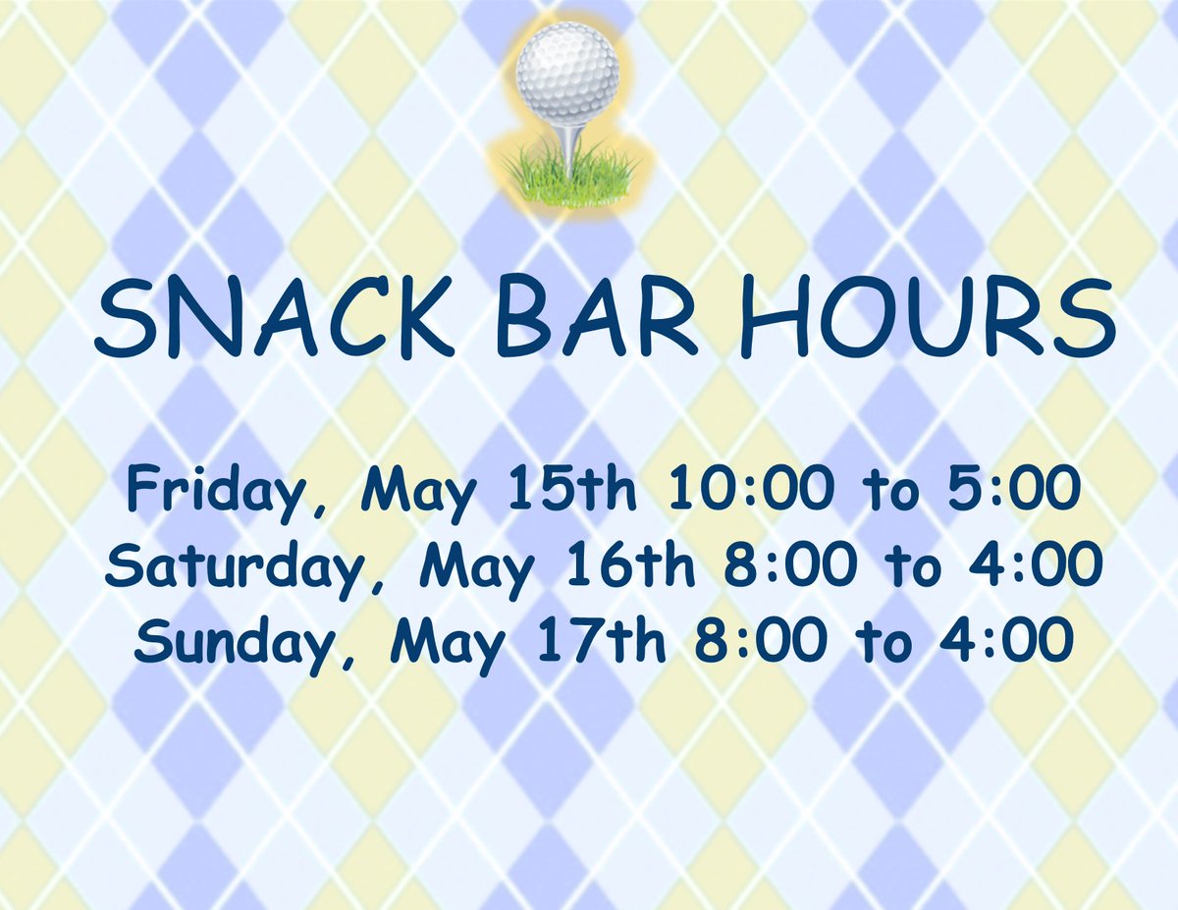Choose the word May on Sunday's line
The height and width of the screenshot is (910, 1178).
[443, 642]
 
